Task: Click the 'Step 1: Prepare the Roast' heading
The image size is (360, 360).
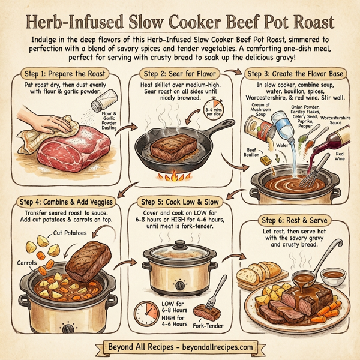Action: pos(67,74)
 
